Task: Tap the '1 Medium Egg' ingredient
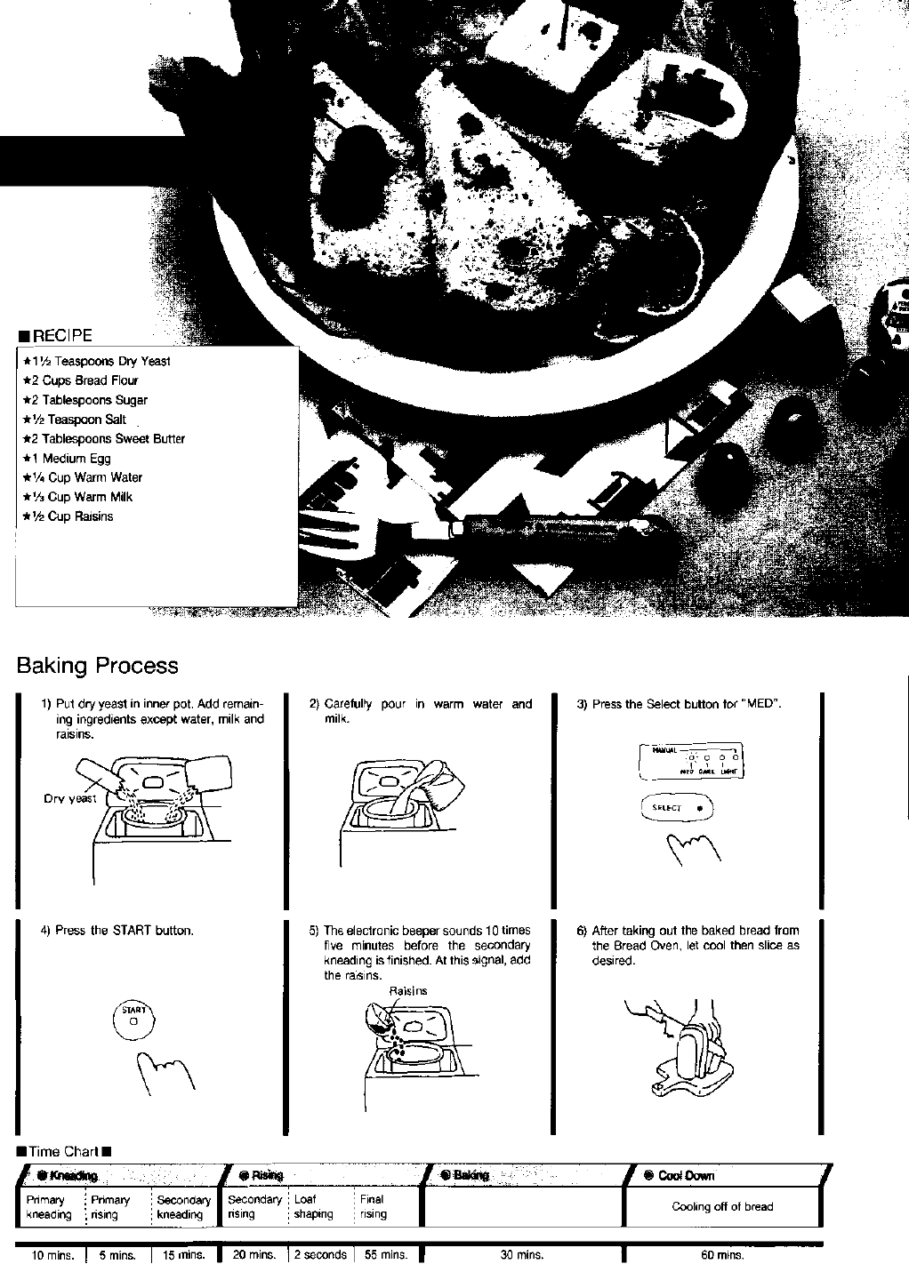pos(70,459)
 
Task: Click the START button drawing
pos(133,1018)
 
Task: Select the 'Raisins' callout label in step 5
pos(408,990)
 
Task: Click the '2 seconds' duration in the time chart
pos(320,1255)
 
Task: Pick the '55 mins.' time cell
pos(386,1255)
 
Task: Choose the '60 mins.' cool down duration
pos(722,1255)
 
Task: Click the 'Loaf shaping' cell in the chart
pos(313,1207)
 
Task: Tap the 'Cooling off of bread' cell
pos(722,1207)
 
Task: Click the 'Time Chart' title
pos(63,1152)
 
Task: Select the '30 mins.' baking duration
pos(522,1255)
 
